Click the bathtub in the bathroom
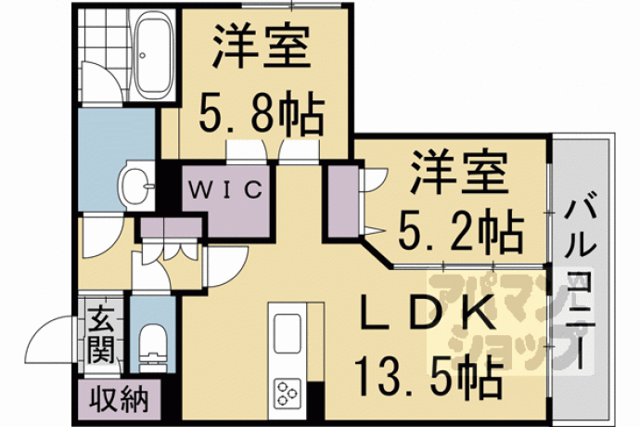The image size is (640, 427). (x=152, y=55)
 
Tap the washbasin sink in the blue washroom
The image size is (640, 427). (x=136, y=186)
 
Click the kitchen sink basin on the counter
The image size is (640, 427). (x=287, y=333)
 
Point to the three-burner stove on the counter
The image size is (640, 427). (x=287, y=393)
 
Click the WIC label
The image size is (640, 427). (x=225, y=189)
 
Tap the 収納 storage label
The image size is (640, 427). (x=119, y=399)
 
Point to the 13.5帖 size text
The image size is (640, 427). (x=429, y=376)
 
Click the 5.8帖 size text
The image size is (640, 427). (x=262, y=111)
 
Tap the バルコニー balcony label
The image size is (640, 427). (x=580, y=285)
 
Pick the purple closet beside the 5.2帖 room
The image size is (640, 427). (x=343, y=201)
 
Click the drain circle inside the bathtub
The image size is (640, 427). (x=143, y=55)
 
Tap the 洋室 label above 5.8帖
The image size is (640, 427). (x=262, y=45)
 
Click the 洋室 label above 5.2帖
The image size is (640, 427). (x=459, y=172)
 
